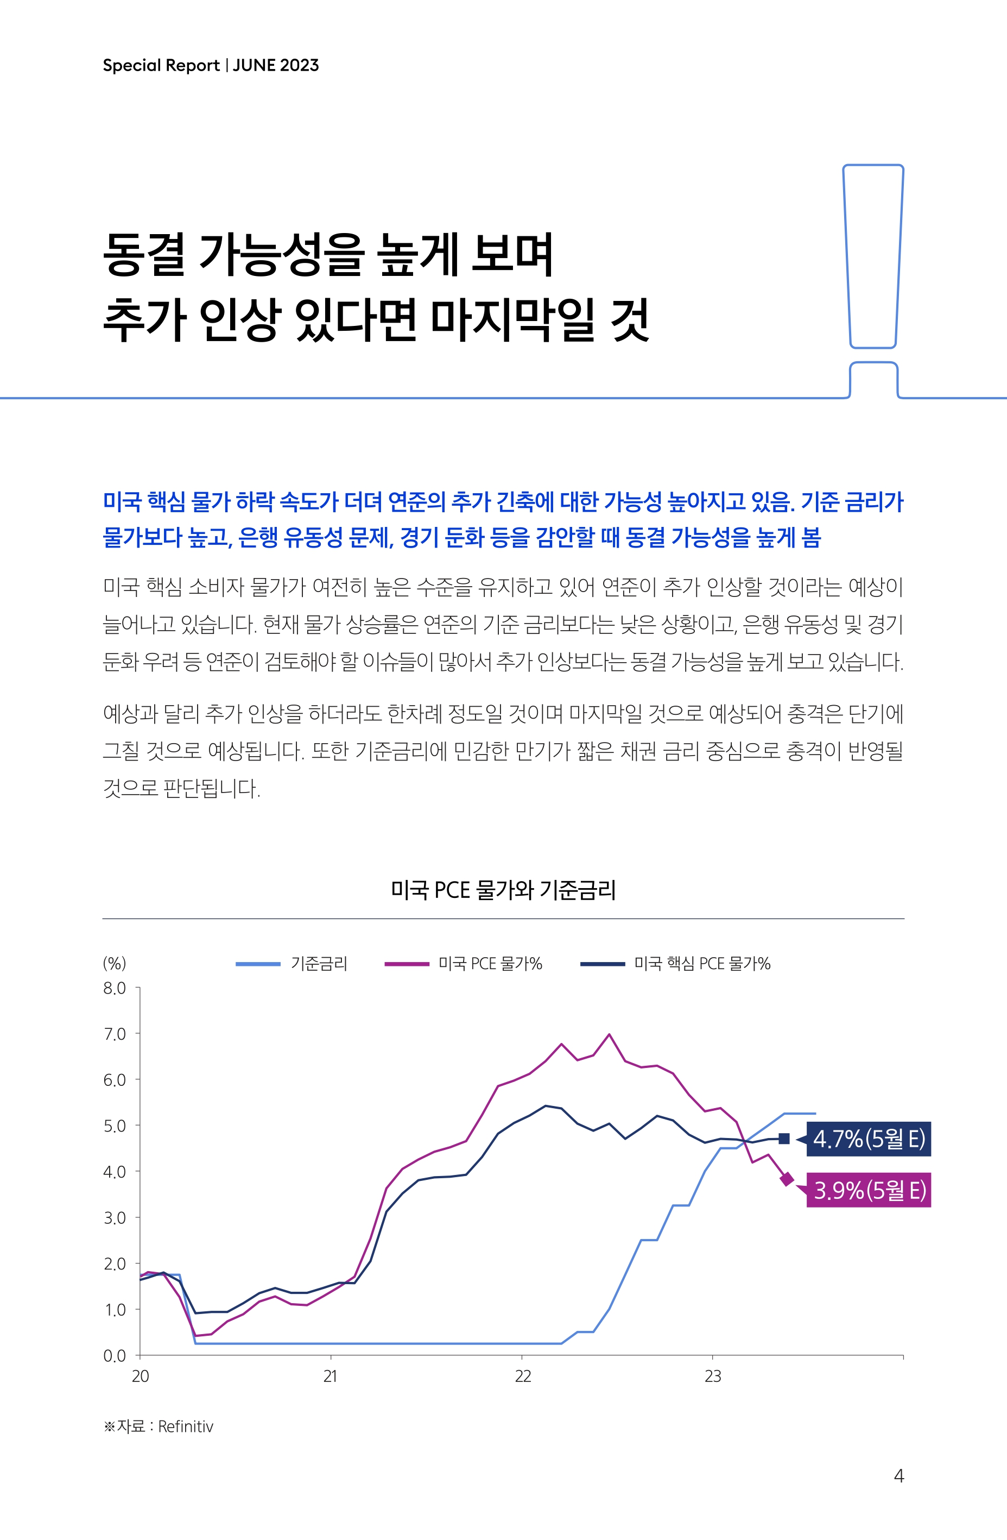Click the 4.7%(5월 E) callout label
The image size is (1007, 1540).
pyautogui.click(x=869, y=1138)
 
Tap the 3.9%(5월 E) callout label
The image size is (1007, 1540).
pyautogui.click(x=869, y=1189)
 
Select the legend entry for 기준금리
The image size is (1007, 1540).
pyautogui.click(x=319, y=964)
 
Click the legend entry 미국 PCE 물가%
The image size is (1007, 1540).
pyautogui.click(x=490, y=964)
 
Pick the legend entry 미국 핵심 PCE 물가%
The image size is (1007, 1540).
pyautogui.click(x=702, y=964)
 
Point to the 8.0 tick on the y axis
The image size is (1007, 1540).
pyautogui.click(x=115, y=988)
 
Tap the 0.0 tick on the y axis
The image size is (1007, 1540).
pyautogui.click(x=115, y=1356)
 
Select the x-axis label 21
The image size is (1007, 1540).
pyautogui.click(x=331, y=1376)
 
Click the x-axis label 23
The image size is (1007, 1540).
pyautogui.click(x=713, y=1376)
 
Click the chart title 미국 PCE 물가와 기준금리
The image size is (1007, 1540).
pyautogui.click(x=503, y=890)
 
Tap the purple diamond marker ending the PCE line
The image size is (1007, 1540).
pyautogui.click(x=787, y=1179)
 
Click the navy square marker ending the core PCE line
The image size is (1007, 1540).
pyautogui.click(x=784, y=1139)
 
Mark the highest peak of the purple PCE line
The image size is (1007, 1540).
pyautogui.click(x=609, y=1034)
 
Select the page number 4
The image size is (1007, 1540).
pyautogui.click(x=898, y=1475)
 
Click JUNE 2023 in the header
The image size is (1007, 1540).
pyautogui.click(x=276, y=65)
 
